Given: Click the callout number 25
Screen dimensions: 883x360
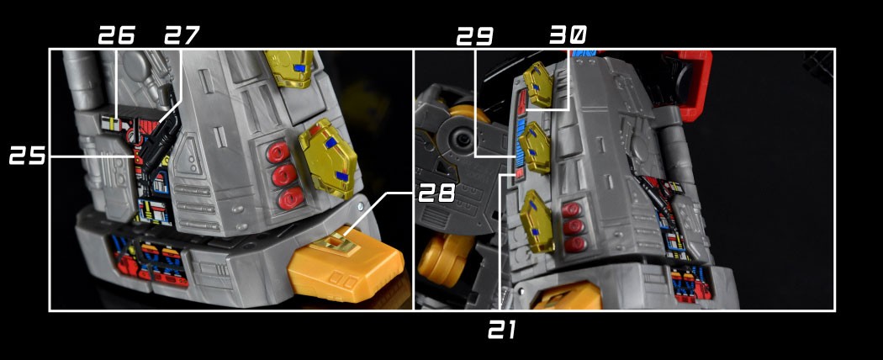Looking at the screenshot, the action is click(27, 156).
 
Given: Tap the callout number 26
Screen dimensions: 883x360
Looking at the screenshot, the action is click(117, 35).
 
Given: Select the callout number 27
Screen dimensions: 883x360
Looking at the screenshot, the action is click(182, 35).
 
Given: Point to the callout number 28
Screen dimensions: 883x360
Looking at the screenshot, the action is click(436, 193).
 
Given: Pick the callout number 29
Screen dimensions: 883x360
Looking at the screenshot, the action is click(474, 36).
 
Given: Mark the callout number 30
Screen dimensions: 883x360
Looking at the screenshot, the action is click(568, 35).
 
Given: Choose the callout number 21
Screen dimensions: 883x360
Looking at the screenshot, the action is click(502, 330).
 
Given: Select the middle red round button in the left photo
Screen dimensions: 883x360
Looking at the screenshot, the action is click(284, 175).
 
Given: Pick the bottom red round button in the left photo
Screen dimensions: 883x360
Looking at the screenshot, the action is click(291, 199).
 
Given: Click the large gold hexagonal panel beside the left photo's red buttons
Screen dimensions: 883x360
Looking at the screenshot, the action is click(328, 158).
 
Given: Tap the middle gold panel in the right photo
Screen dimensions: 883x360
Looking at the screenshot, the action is click(534, 147).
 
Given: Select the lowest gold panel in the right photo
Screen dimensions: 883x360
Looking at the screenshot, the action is click(537, 221).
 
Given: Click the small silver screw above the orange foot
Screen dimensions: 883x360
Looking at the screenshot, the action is click(359, 207).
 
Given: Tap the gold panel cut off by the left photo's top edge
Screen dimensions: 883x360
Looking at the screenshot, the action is click(289, 67).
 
